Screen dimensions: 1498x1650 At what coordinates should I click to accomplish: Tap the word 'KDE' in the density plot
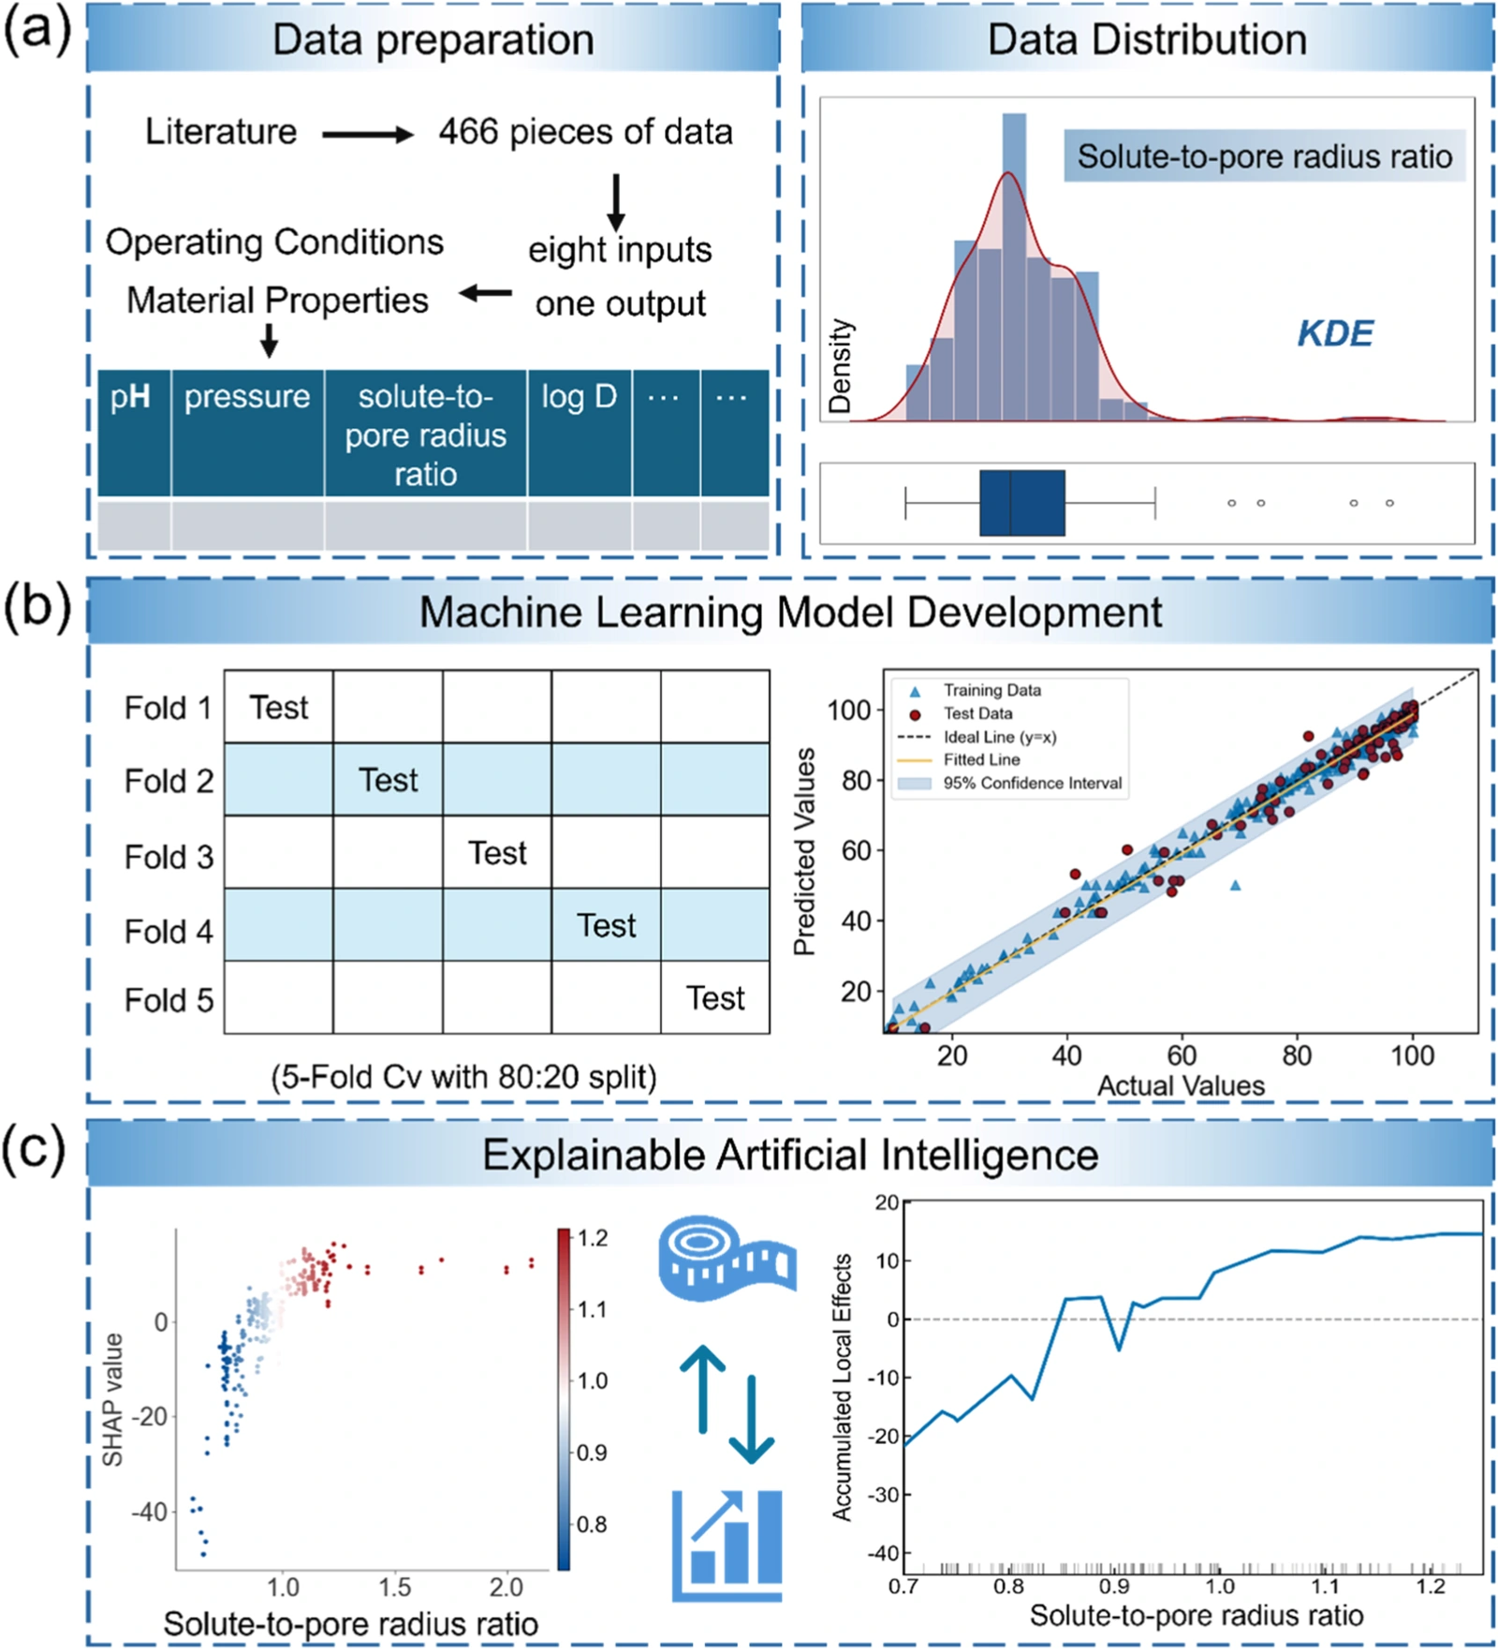pyautogui.click(x=1335, y=333)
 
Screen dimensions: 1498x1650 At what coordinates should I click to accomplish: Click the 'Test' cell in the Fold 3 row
pyautogui.click(x=497, y=853)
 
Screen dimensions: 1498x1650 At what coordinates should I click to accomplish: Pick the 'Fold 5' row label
pyautogui.click(x=169, y=1000)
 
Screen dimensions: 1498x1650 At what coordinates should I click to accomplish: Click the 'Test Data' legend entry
pyautogui.click(x=977, y=714)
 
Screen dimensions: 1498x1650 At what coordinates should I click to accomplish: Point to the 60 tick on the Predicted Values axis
pyautogui.click(x=856, y=850)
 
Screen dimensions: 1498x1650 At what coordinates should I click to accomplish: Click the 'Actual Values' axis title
pyautogui.click(x=1181, y=1086)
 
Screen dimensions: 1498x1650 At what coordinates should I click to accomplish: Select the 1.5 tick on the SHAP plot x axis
pyautogui.click(x=394, y=1587)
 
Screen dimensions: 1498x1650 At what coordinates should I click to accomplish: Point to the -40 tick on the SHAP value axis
pyautogui.click(x=150, y=1511)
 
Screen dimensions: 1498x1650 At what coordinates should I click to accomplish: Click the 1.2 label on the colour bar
pyautogui.click(x=592, y=1238)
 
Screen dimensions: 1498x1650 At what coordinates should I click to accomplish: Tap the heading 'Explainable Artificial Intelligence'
pyautogui.click(x=790, y=1155)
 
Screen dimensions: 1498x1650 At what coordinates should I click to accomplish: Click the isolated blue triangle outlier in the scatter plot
pyautogui.click(x=1236, y=885)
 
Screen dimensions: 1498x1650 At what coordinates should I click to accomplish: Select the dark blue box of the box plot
pyautogui.click(x=1022, y=503)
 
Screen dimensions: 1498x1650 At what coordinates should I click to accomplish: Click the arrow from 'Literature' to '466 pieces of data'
pyautogui.click(x=368, y=135)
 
